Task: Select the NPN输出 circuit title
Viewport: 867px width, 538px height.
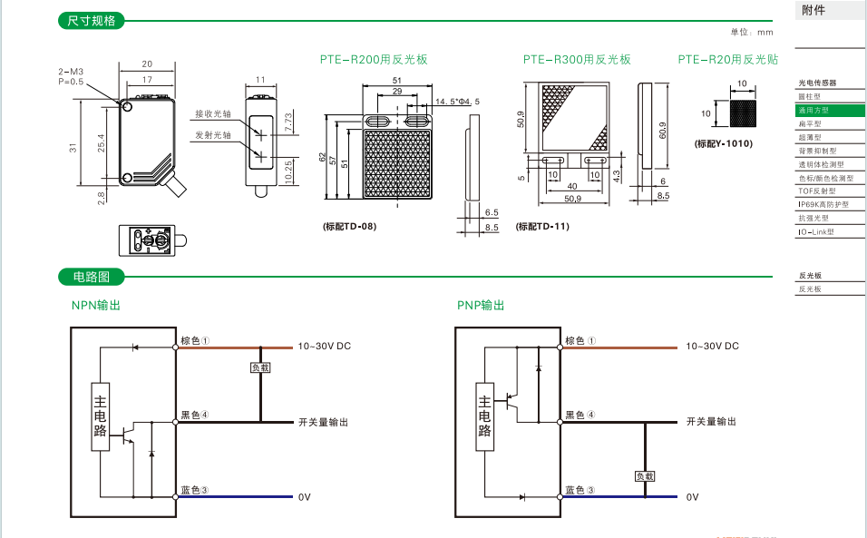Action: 96,306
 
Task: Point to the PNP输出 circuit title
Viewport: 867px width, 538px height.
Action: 481,306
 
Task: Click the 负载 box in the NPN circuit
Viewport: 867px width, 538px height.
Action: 261,367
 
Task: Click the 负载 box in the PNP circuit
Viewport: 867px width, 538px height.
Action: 645,475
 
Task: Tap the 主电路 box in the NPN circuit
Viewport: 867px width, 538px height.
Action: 101,417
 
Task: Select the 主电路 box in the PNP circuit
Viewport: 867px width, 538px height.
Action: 485,417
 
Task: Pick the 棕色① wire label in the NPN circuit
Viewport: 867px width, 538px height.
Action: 195,341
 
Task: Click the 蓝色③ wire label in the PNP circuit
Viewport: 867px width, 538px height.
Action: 580,490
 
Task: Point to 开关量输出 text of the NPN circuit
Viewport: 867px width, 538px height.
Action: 323,423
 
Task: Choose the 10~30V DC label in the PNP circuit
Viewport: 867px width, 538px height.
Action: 712,347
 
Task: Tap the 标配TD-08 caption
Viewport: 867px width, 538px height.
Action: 349,226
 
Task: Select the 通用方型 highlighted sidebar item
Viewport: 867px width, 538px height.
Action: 813,110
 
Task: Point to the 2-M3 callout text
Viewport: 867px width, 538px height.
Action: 71,71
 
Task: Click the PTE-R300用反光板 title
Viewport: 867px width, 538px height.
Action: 576,60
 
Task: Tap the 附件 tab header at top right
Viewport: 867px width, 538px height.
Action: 814,11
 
